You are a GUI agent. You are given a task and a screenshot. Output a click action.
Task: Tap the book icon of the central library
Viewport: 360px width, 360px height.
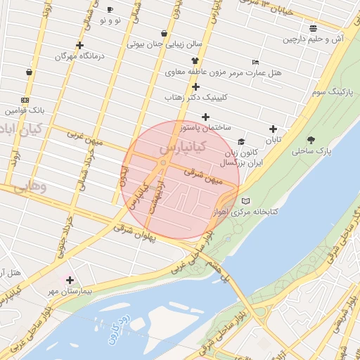click(x=245, y=201)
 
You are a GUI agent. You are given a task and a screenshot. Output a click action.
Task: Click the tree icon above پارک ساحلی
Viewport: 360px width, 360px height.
click(x=311, y=139)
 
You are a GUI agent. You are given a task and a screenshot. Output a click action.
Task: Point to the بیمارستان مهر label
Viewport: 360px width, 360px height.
click(x=70, y=290)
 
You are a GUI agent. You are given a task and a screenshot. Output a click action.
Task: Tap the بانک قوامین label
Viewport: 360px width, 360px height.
click(x=24, y=110)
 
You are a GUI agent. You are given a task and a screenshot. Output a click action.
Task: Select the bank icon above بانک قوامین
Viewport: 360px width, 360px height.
click(x=25, y=100)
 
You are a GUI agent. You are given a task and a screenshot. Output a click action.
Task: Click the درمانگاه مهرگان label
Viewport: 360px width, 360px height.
click(x=76, y=55)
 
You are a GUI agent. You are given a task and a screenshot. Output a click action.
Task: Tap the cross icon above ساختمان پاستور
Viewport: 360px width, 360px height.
click(x=205, y=117)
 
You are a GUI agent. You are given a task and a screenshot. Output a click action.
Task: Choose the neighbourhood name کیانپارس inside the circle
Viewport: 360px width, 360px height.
click(x=182, y=149)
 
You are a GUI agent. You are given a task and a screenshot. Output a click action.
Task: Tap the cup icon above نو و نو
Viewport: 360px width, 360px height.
click(x=110, y=9)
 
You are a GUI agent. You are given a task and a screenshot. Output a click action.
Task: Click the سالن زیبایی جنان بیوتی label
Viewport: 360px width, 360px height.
click(x=165, y=44)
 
